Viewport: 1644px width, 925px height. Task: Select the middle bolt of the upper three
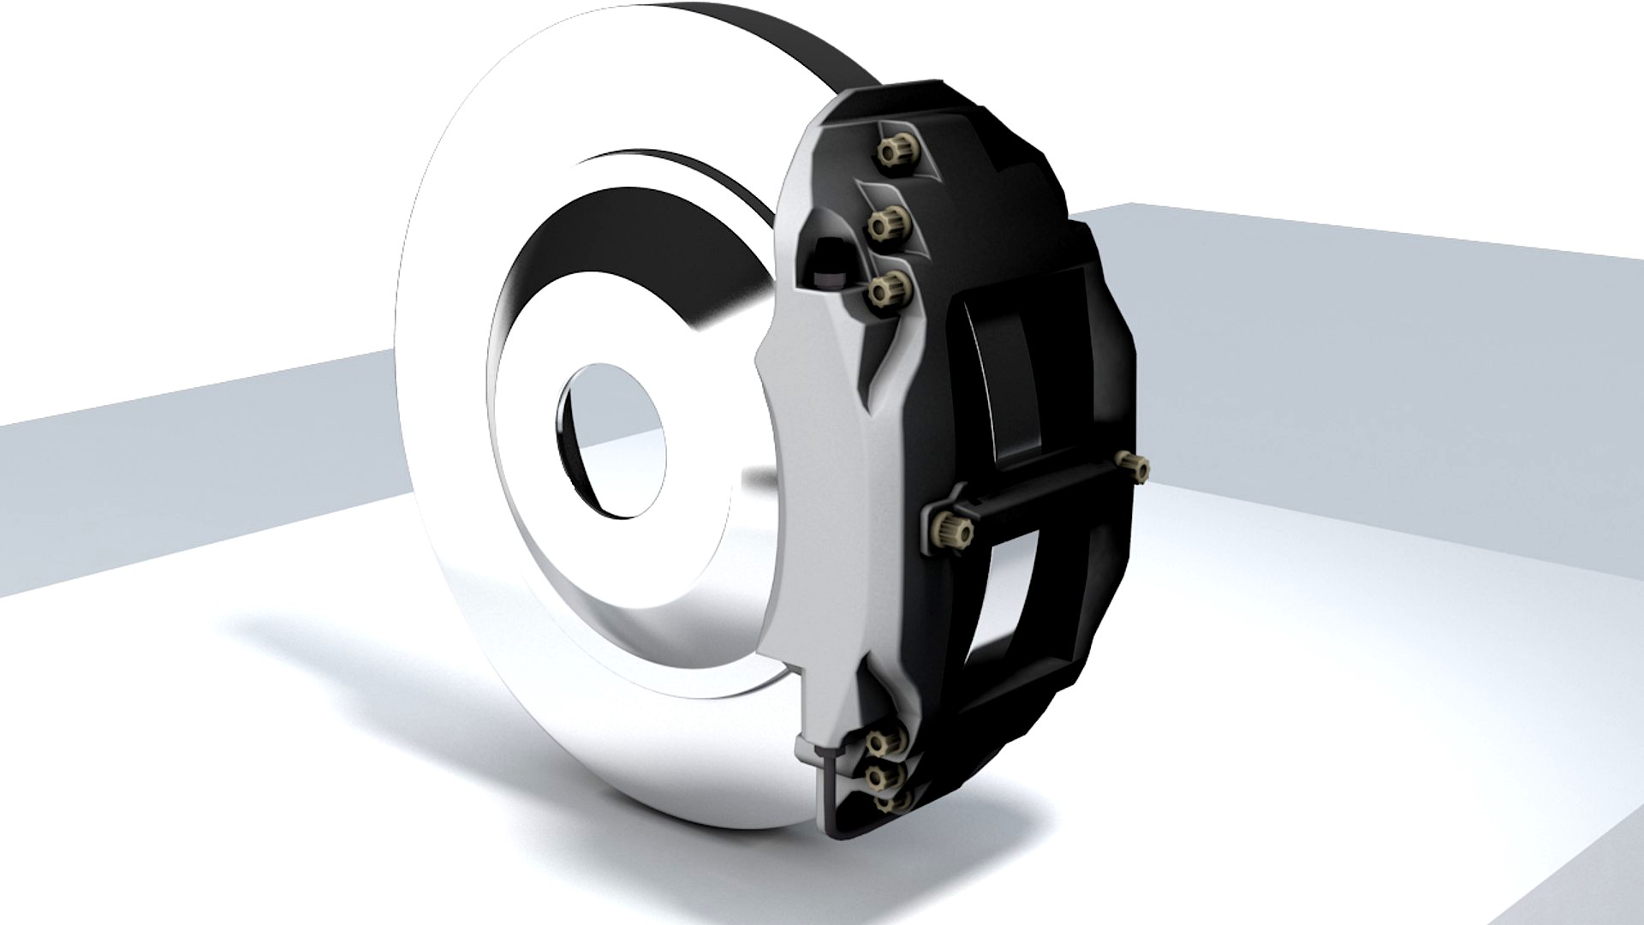coord(888,224)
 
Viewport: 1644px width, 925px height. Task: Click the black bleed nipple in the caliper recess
coord(828,259)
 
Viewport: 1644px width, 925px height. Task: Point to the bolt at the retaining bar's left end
coord(952,529)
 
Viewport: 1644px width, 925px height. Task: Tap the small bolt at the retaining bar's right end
coord(1136,465)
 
